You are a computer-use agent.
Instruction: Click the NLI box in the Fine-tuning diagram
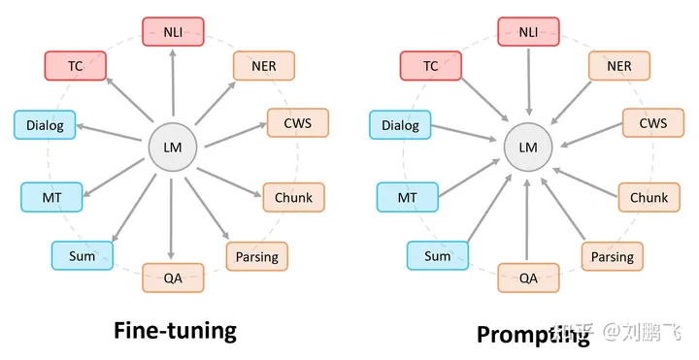173,32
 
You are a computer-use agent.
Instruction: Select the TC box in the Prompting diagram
431,66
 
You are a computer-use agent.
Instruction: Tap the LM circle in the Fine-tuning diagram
173,147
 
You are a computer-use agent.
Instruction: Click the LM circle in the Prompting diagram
528,147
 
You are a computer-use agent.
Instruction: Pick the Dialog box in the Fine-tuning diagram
45,125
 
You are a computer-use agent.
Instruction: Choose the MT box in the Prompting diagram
407,198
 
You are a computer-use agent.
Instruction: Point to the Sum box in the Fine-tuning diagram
82,256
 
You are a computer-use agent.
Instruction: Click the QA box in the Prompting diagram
528,278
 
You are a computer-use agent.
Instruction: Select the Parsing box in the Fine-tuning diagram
256,256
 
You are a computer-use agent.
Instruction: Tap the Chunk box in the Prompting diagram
649,198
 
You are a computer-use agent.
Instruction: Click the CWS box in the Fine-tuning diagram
297,124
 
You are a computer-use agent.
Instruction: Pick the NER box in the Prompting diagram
618,66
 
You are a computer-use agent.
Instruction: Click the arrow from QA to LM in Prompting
528,218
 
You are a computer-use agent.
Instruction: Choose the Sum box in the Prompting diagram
437,256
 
